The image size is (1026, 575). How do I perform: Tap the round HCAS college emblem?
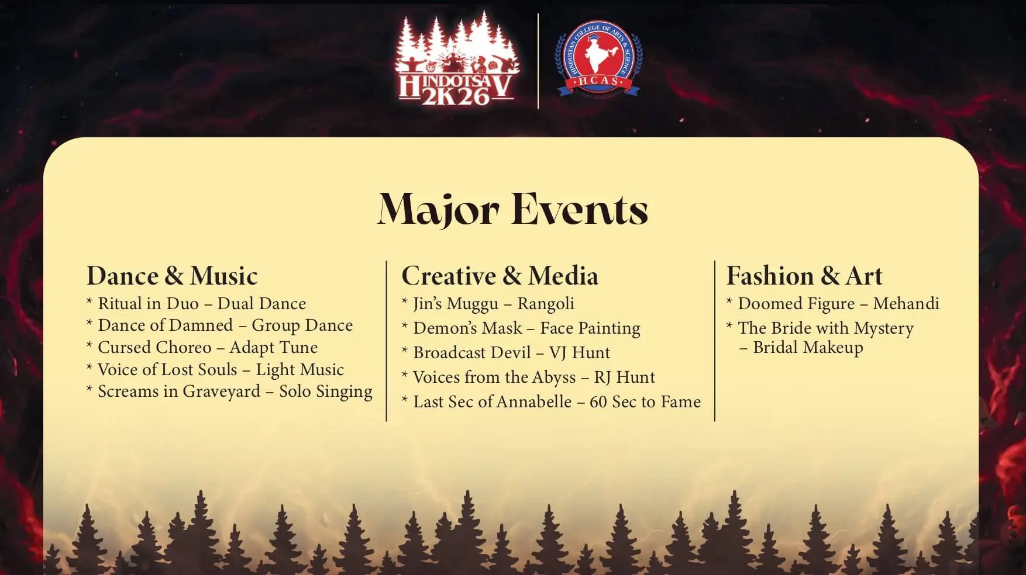pos(598,59)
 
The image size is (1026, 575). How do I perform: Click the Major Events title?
pos(513,209)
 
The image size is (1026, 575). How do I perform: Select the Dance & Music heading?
pos(172,276)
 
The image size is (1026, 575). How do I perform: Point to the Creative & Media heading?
pos(500,276)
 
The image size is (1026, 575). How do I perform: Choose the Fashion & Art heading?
pos(804,276)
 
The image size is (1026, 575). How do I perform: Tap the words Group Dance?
pos(302,325)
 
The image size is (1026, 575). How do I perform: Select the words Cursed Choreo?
pos(154,347)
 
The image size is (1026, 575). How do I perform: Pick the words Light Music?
pos(299,370)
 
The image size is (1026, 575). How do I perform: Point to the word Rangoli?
pos(546,304)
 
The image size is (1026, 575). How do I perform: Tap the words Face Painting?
pos(590,328)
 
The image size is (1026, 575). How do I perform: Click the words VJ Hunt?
pos(579,353)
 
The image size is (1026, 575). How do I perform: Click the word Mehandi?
pos(906,304)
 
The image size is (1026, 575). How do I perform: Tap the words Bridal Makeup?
pos(808,348)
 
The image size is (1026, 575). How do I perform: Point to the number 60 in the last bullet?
pos(598,402)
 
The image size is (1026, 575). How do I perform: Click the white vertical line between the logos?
pos(538,61)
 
